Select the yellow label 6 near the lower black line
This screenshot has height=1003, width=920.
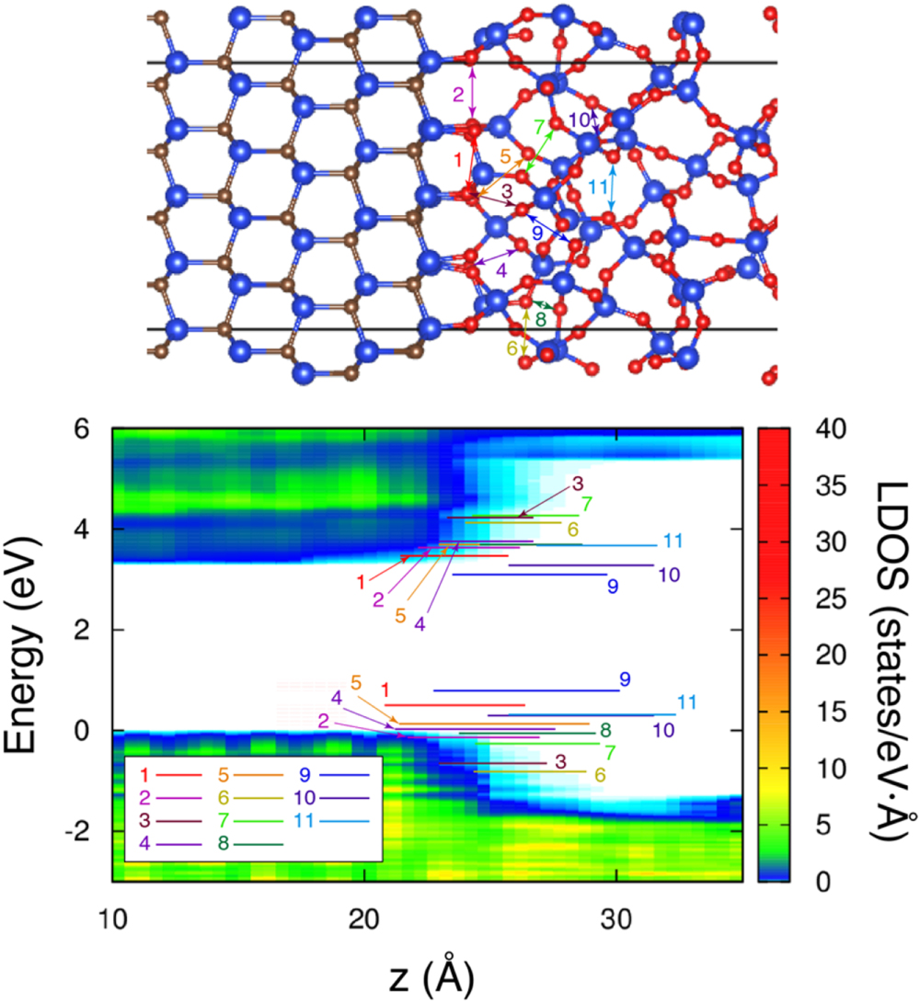(x=512, y=348)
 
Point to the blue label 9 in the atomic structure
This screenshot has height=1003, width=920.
(x=537, y=234)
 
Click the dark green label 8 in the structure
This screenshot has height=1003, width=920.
(x=540, y=319)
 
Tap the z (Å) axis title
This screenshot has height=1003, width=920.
(x=432, y=970)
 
